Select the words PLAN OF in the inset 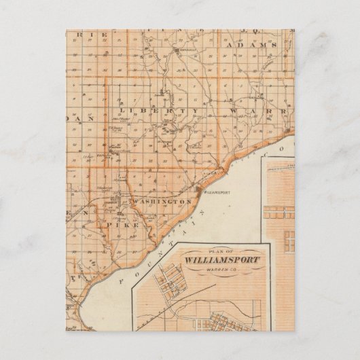coord(218,250)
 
